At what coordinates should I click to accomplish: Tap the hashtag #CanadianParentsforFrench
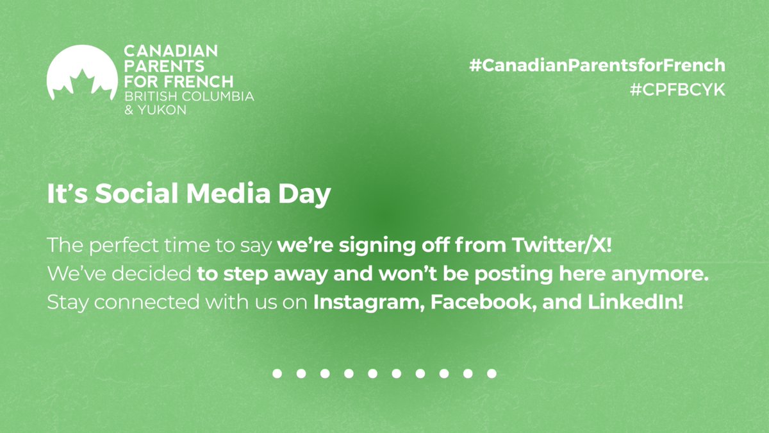[x=597, y=65]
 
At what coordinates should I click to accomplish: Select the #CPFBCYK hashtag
[x=677, y=90]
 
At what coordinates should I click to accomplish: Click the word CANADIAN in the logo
[x=170, y=50]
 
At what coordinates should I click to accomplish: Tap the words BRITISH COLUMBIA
[x=188, y=96]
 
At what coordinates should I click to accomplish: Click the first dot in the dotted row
[x=277, y=373]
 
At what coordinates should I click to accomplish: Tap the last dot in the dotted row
[x=492, y=373]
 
